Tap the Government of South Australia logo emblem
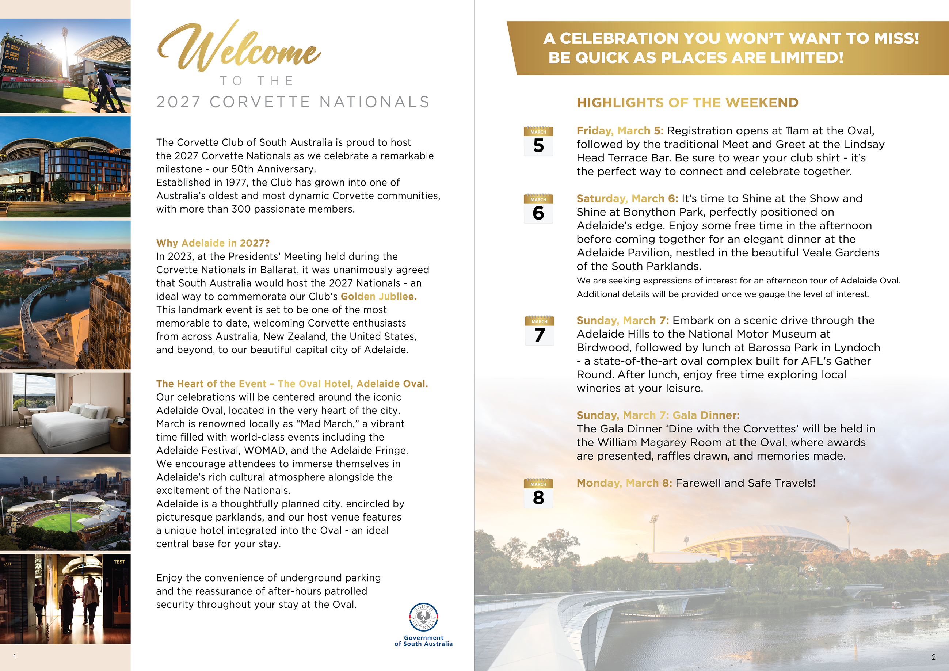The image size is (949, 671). [423, 617]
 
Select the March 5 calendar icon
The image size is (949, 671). [538, 141]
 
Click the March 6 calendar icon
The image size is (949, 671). [538, 209]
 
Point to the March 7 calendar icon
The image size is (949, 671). [539, 331]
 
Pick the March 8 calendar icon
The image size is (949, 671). [538, 493]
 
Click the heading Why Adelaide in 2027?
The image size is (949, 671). [213, 243]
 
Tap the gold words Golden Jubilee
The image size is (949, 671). [378, 297]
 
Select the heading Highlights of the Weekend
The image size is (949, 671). [687, 103]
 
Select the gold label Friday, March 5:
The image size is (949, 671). [620, 131]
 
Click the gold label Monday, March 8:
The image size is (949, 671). [624, 483]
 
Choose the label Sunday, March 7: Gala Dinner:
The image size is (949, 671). [658, 415]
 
